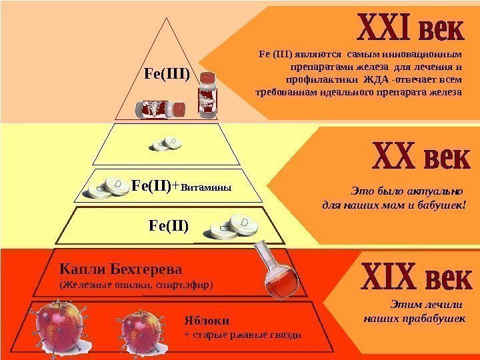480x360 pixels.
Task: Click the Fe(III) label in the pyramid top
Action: tap(167, 73)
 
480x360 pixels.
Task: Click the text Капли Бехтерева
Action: tap(121, 269)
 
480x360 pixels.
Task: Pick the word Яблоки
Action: tap(200, 320)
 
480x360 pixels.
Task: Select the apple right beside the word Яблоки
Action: tap(141, 329)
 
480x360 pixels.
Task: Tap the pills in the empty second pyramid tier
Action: tap(167, 143)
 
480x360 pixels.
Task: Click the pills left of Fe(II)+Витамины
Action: tap(107, 189)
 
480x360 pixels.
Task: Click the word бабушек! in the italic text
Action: tap(441, 205)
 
